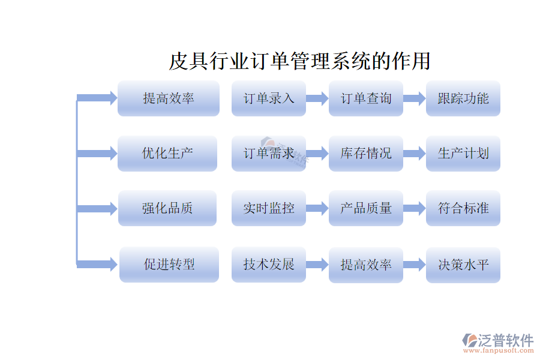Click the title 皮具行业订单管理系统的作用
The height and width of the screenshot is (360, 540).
coord(299,61)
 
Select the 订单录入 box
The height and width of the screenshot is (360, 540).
coord(269,98)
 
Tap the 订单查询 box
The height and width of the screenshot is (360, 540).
coord(366,98)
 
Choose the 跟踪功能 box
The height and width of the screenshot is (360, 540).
coord(463,98)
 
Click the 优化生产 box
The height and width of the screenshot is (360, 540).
coord(167,154)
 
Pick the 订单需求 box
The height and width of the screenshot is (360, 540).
coord(269,154)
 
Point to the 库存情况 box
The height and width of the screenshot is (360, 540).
coord(366,154)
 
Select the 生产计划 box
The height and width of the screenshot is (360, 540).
coord(463,154)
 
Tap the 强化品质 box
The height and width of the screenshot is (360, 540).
coord(167,208)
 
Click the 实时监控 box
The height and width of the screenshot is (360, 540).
coord(269,208)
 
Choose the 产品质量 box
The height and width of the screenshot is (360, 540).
coord(366,208)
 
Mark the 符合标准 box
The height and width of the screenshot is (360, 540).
coord(463,208)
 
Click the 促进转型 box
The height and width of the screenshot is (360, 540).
coord(169,264)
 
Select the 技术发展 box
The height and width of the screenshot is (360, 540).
coord(269,264)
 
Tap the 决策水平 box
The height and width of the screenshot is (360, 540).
coord(463,264)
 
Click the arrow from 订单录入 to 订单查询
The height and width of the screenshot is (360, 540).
coord(317,98)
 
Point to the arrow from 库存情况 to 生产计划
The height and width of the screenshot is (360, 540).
coord(415,154)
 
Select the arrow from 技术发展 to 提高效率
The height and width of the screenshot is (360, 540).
coord(317,264)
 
